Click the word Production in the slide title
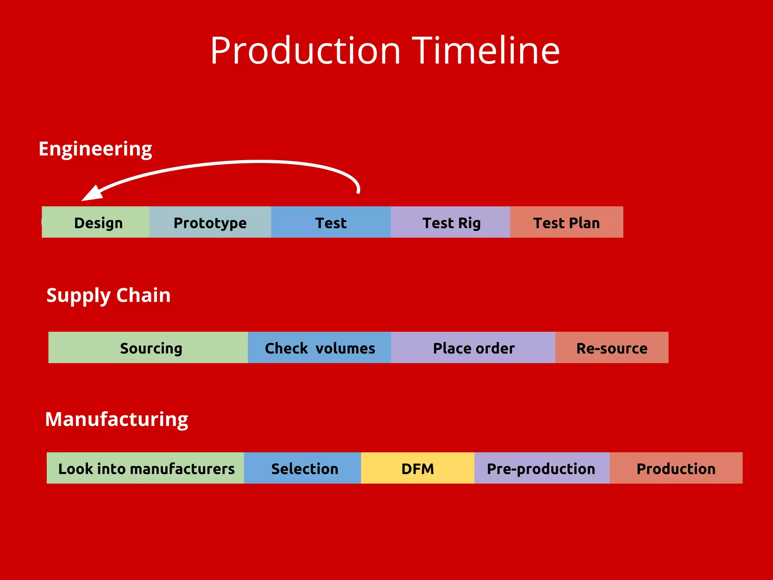tap(305, 51)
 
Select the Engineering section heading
tap(95, 149)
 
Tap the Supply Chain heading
tap(108, 295)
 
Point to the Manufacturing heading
tap(116, 420)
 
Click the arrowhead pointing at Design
tap(92, 194)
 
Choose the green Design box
tap(95, 222)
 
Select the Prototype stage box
tap(210, 222)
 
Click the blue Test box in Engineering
tap(331, 222)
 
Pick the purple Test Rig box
tap(451, 222)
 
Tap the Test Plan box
tap(566, 222)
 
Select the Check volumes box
tap(319, 348)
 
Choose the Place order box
tap(473, 348)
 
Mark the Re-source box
tap(611, 348)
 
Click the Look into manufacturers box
tap(146, 468)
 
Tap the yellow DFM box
tap(417, 468)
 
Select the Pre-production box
tap(542, 468)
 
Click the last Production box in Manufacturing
tap(676, 468)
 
